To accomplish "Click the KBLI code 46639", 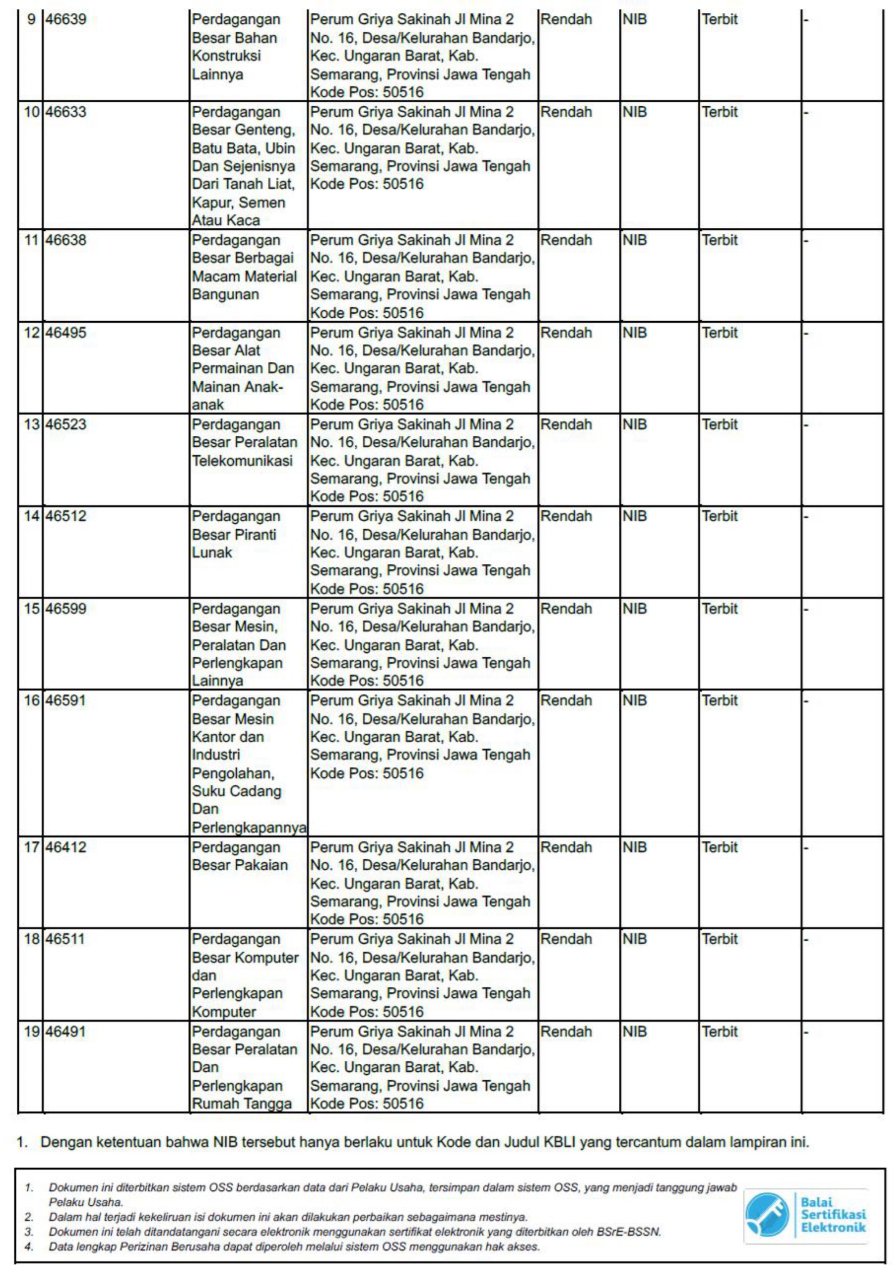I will tap(66, 20).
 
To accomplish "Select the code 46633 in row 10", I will tap(66, 112).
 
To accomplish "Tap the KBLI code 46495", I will tap(66, 333).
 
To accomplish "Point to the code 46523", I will tap(66, 425).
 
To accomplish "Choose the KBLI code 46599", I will tap(66, 609).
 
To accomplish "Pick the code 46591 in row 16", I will tap(66, 701).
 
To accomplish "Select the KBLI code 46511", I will tap(65, 939).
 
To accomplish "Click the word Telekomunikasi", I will tap(242, 461).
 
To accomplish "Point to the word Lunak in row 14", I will tap(212, 552).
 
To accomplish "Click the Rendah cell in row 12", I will tap(566, 333).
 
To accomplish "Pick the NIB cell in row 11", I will tap(635, 241).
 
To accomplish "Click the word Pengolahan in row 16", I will tap(233, 773).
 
